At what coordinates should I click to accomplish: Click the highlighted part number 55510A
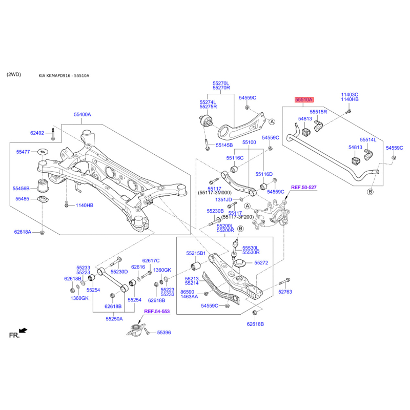pyautogui.click(x=304, y=99)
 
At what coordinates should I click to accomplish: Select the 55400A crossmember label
pyautogui.click(x=83, y=114)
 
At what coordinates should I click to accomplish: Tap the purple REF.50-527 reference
pyautogui.click(x=304, y=188)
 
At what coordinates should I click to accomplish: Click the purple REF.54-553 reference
pyautogui.click(x=157, y=312)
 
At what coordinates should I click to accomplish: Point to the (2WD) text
pyautogui.click(x=14, y=74)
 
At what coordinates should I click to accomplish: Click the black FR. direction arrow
pyautogui.click(x=23, y=331)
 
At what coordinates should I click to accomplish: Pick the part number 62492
pyautogui.click(x=37, y=133)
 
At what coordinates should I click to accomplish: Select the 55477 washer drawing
pyautogui.click(x=43, y=152)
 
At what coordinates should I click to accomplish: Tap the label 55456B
pyautogui.click(x=21, y=189)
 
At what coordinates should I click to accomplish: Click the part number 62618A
pyautogui.click(x=23, y=232)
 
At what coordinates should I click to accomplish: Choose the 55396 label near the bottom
pyautogui.click(x=164, y=333)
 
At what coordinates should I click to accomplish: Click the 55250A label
pyautogui.click(x=114, y=319)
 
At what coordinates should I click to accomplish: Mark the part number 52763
pyautogui.click(x=285, y=292)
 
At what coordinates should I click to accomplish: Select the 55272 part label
pyautogui.click(x=261, y=263)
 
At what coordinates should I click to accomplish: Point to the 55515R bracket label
pyautogui.click(x=318, y=112)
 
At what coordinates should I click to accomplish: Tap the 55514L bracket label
pyautogui.click(x=368, y=140)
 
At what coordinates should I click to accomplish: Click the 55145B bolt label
pyautogui.click(x=224, y=145)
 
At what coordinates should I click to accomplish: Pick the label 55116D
pyautogui.click(x=264, y=174)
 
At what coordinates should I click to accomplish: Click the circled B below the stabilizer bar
pyautogui.click(x=370, y=192)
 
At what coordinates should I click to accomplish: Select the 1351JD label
pyautogui.click(x=223, y=200)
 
